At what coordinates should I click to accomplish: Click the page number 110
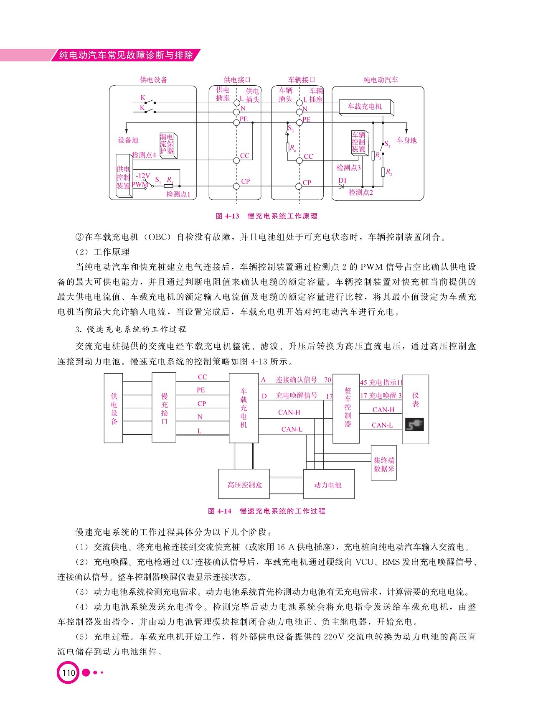[x=68, y=672]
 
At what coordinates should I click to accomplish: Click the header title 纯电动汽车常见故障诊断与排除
[x=126, y=55]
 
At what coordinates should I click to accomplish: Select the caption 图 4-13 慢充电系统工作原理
[x=266, y=216]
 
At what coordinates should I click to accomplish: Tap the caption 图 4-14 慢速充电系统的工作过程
[x=266, y=511]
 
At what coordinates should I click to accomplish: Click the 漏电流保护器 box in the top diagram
[x=168, y=145]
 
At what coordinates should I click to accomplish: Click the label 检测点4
[x=144, y=155]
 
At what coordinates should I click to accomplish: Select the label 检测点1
[x=178, y=194]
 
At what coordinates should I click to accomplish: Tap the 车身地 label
[x=406, y=140]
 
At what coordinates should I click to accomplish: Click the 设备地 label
[x=128, y=140]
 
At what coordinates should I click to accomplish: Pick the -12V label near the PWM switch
[x=142, y=176]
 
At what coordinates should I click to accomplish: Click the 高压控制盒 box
[x=244, y=484]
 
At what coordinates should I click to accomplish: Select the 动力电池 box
[x=329, y=484]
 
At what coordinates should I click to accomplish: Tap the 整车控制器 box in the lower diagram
[x=346, y=408]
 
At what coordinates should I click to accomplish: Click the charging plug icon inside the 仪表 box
[x=414, y=425]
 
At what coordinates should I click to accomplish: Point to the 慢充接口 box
[x=164, y=408]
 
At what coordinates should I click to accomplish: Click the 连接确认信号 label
[x=296, y=379]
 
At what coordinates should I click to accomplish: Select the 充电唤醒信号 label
[x=297, y=395]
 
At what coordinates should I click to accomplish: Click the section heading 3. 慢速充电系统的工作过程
[x=131, y=329]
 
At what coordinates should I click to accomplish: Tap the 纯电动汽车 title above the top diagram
[x=381, y=80]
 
